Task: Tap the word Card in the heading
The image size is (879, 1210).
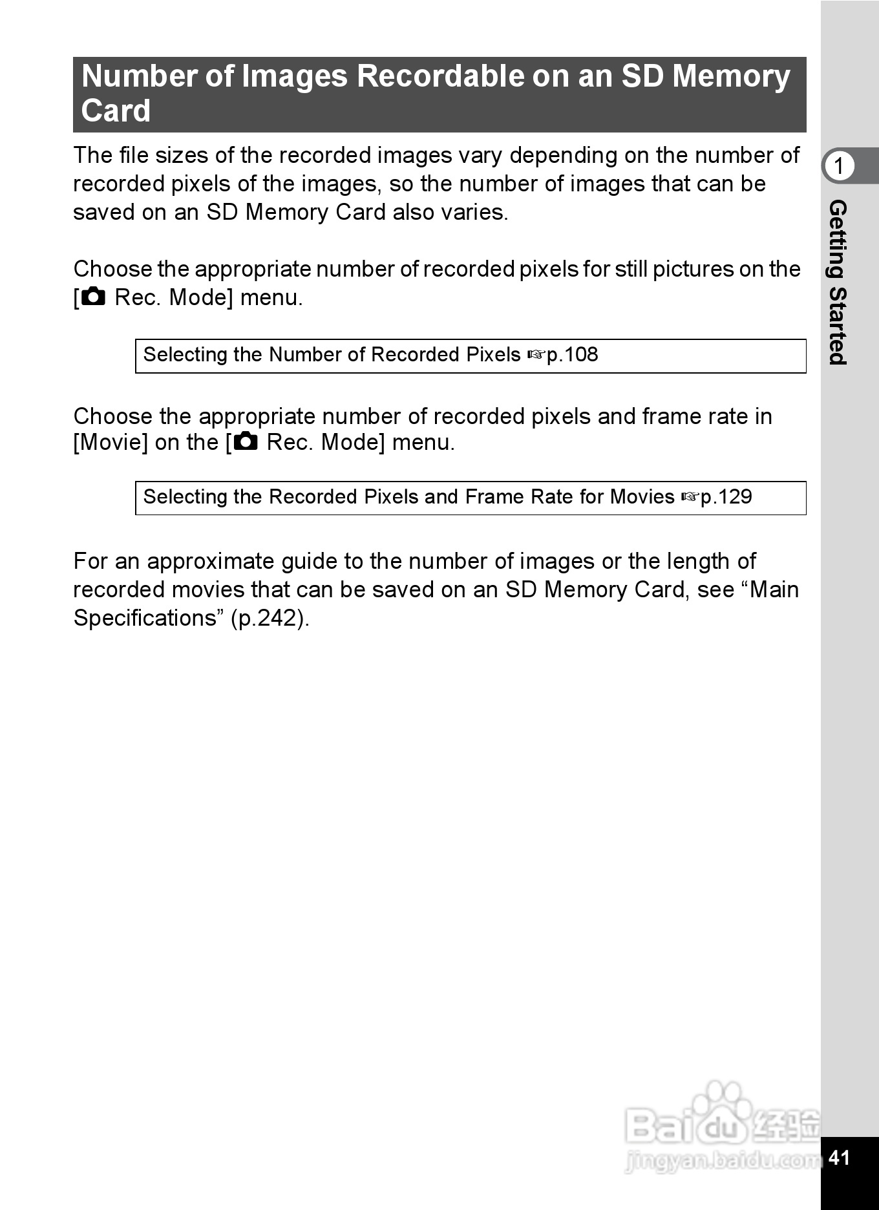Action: (x=116, y=111)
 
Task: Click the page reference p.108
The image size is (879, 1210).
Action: (x=572, y=355)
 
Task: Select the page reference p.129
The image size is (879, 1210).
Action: (x=726, y=497)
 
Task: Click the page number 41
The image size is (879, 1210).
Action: (x=839, y=1157)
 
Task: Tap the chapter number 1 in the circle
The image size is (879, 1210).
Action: (x=839, y=166)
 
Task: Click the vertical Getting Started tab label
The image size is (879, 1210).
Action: (x=838, y=282)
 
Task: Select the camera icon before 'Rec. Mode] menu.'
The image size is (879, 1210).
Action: (x=94, y=297)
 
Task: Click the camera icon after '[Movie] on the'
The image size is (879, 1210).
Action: (x=246, y=442)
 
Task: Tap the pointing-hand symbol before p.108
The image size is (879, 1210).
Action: (x=536, y=356)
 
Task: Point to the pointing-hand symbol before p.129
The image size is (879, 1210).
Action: (x=690, y=498)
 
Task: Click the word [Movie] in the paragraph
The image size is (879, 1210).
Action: (x=111, y=443)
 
